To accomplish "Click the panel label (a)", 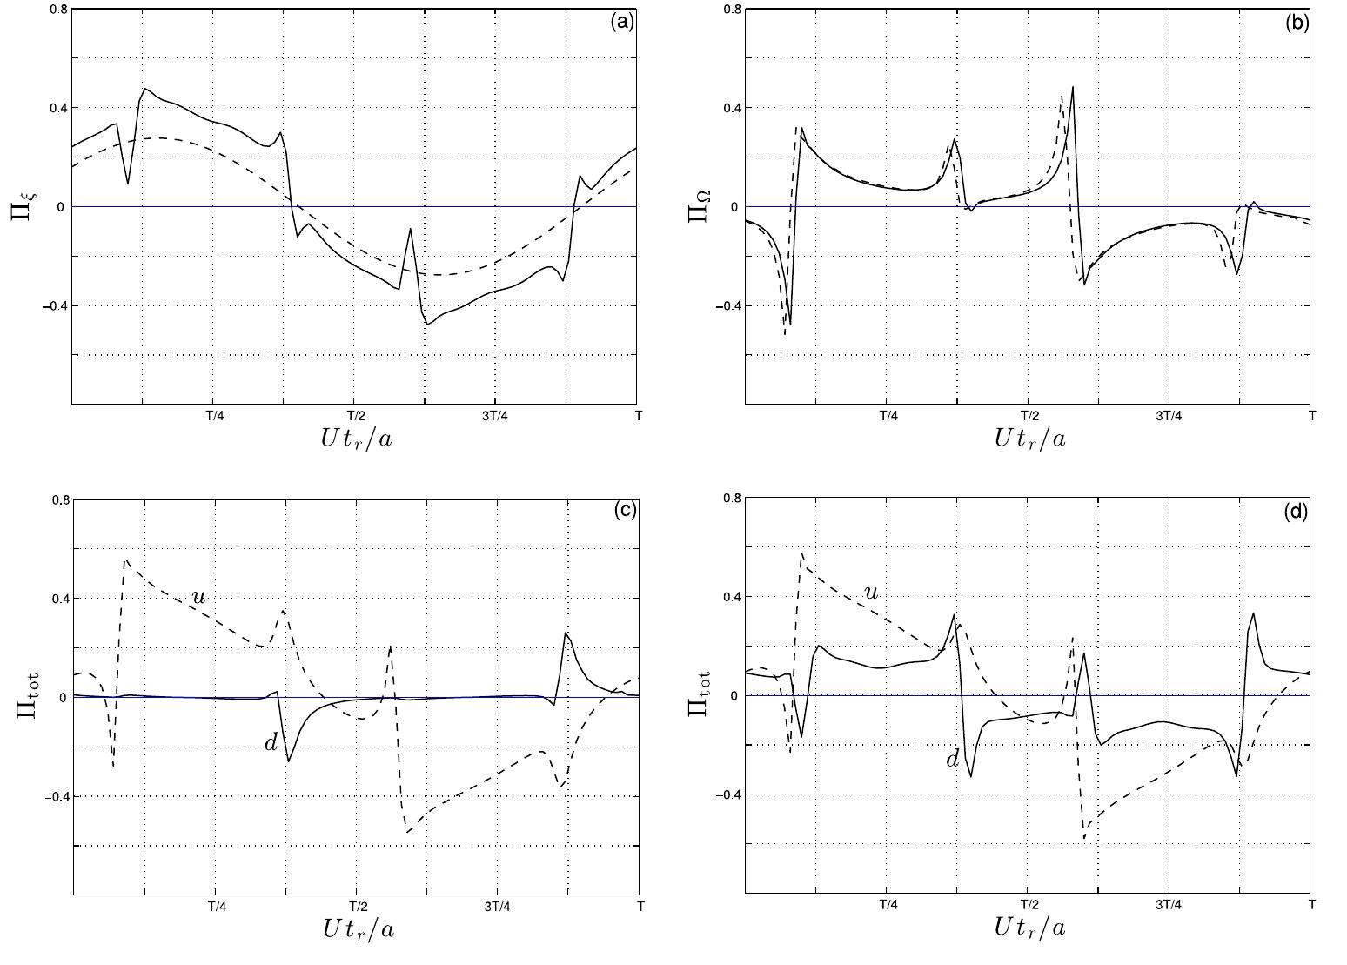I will (x=622, y=23).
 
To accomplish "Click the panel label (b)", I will (x=1296, y=23).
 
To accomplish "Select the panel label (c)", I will (x=624, y=512).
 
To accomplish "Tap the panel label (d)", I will (x=1296, y=512).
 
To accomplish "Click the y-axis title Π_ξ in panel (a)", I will (x=25, y=207).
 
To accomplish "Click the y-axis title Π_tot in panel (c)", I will (x=27, y=696).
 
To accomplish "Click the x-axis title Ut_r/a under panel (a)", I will (x=357, y=439).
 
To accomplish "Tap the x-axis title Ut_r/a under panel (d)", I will (x=1029, y=927).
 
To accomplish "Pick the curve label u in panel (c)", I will (x=198, y=597).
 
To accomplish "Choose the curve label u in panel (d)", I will (x=869, y=593).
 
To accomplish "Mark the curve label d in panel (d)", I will (x=952, y=760).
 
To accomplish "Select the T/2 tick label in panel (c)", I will (x=356, y=906).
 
